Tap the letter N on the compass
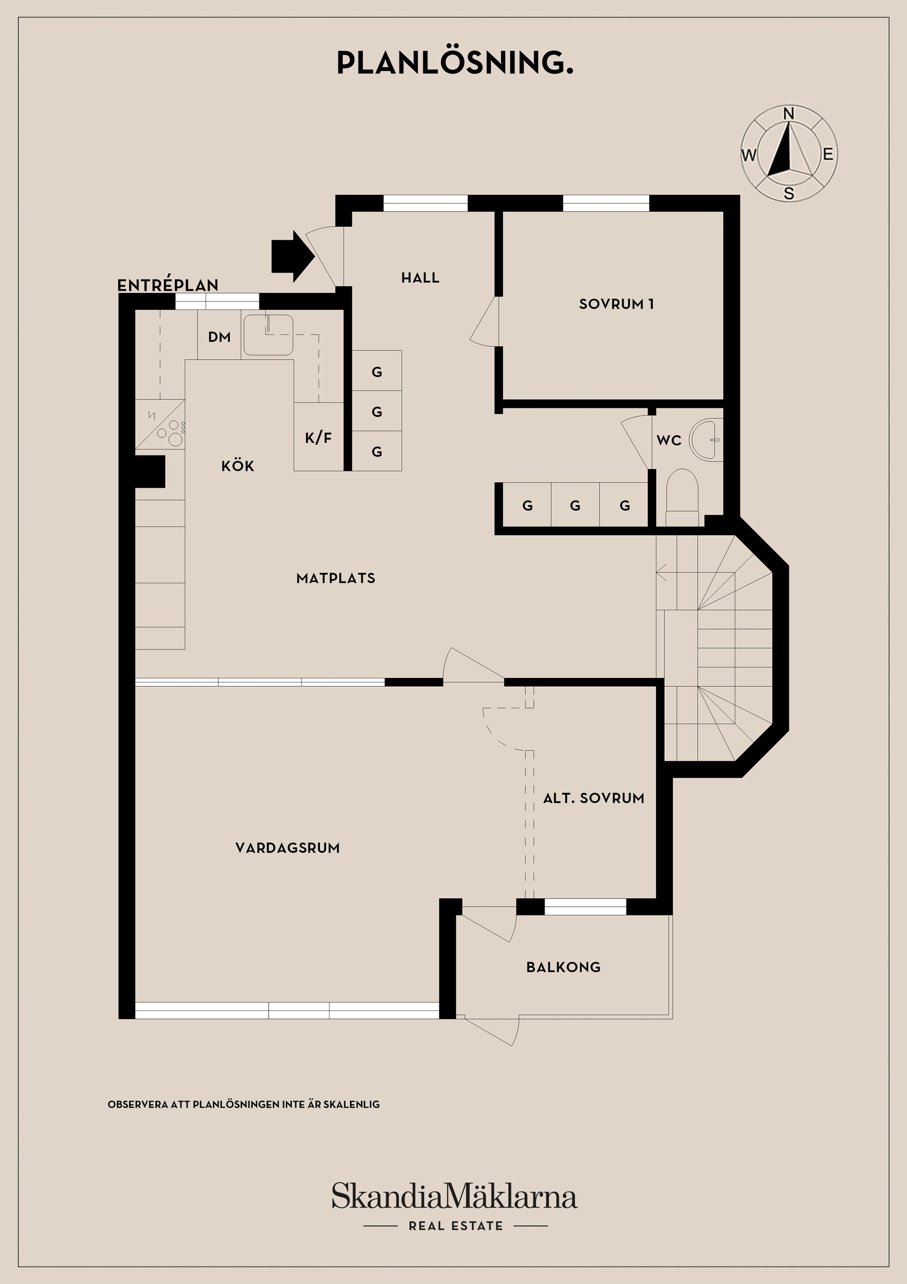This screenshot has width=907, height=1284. point(788,113)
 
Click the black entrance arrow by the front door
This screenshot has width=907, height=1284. point(292,257)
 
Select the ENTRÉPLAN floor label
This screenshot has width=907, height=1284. point(168,285)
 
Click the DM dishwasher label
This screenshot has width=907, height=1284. point(219,337)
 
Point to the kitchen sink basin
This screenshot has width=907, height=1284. point(268,334)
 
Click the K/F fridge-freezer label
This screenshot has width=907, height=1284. point(318,438)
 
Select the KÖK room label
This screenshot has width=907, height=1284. point(238,465)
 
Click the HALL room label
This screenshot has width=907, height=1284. point(420,278)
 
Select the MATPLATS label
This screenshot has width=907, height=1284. point(336,578)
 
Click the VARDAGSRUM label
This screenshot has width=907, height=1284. point(287,848)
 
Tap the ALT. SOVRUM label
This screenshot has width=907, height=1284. point(593,798)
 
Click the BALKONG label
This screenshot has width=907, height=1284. point(563,967)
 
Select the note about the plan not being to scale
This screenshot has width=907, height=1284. point(244,1104)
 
